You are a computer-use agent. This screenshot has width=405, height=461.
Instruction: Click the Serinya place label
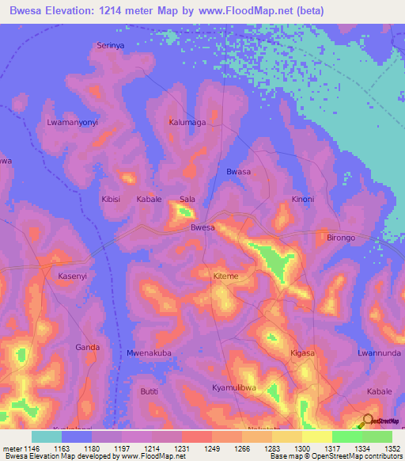pyautogui.click(x=111, y=46)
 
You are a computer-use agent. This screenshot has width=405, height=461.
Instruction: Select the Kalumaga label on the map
pyautogui.click(x=187, y=123)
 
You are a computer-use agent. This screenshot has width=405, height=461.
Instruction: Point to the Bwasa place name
pyautogui.click(x=238, y=172)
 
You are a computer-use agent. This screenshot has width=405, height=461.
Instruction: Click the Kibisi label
pyautogui.click(x=111, y=200)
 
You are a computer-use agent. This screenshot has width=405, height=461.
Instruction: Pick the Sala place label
pyautogui.click(x=187, y=200)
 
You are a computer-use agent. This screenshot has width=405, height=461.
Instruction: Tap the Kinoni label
pyautogui.click(x=303, y=200)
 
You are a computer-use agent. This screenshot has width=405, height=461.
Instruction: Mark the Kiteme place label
pyautogui.click(x=225, y=276)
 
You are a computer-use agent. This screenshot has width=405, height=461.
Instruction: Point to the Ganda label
pyautogui.click(x=87, y=347)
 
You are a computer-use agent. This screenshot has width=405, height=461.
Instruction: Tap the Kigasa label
pyautogui.click(x=302, y=352)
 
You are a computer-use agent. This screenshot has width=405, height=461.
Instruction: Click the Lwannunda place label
pyautogui.click(x=376, y=352)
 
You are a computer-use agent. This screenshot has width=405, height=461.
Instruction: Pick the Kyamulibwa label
pyautogui.click(x=235, y=387)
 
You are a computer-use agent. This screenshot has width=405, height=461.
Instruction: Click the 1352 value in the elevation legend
pyautogui.click(x=392, y=448)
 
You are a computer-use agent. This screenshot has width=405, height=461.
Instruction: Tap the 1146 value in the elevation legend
pyautogui.click(x=29, y=448)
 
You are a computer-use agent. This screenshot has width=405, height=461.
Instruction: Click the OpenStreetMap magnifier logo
pyautogui.click(x=368, y=420)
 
